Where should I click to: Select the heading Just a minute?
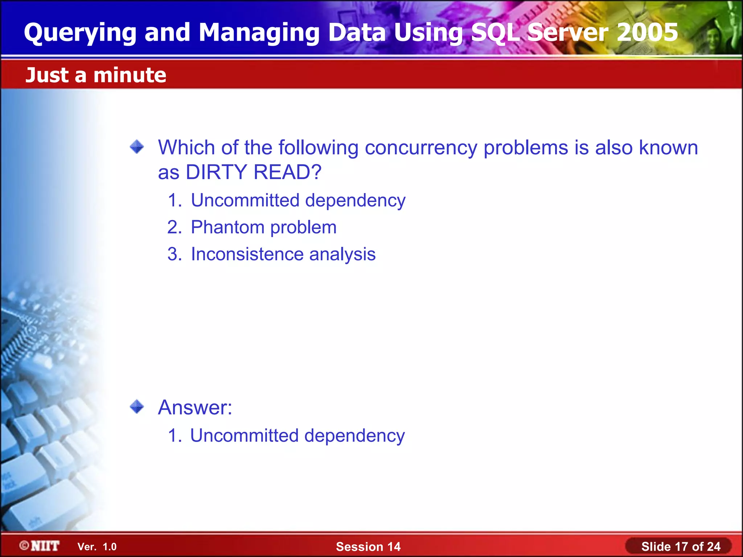coord(96,75)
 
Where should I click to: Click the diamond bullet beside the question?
coord(137,147)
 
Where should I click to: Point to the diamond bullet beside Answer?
coord(137,407)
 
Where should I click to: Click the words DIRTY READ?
coord(253,172)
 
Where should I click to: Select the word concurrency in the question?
coord(421,148)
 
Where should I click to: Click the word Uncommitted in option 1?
coord(245,200)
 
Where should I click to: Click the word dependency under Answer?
coord(354,436)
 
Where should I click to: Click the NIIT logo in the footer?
coord(40,546)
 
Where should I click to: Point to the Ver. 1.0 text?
coord(97,547)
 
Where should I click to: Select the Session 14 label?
coord(368,546)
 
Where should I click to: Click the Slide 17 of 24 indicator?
coord(681,546)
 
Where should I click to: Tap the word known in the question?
coord(668,148)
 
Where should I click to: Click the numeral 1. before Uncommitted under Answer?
coord(175,436)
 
